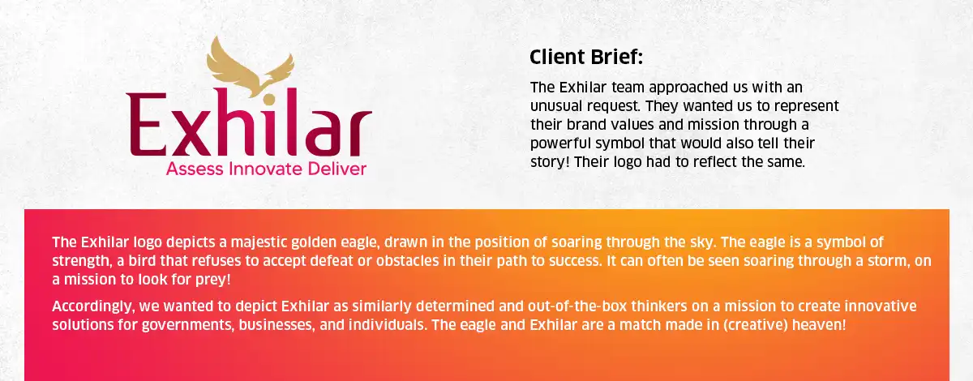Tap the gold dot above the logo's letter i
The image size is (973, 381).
point(269,100)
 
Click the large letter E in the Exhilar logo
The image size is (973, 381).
point(147,125)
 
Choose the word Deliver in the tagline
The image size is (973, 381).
point(337,169)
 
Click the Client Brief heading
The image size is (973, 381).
point(586,57)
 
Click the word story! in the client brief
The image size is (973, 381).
point(550,162)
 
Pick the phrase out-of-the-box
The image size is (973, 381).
point(577,306)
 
